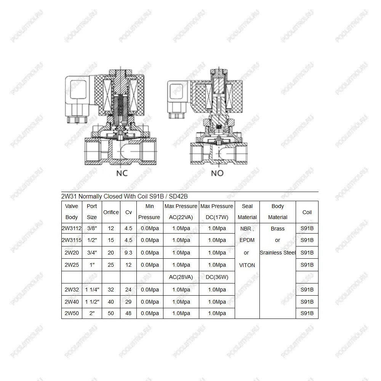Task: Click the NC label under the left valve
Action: pos(122,173)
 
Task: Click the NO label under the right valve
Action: pos(217,173)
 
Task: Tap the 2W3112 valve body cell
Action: pos(72,228)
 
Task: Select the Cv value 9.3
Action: pos(128,253)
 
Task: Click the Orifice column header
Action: pos(111,212)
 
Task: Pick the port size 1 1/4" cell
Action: pos(92,290)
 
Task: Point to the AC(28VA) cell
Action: pos(181,277)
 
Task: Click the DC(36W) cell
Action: pos(217,277)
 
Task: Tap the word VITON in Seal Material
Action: pos(247,265)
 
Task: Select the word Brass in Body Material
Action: pos(278,229)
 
